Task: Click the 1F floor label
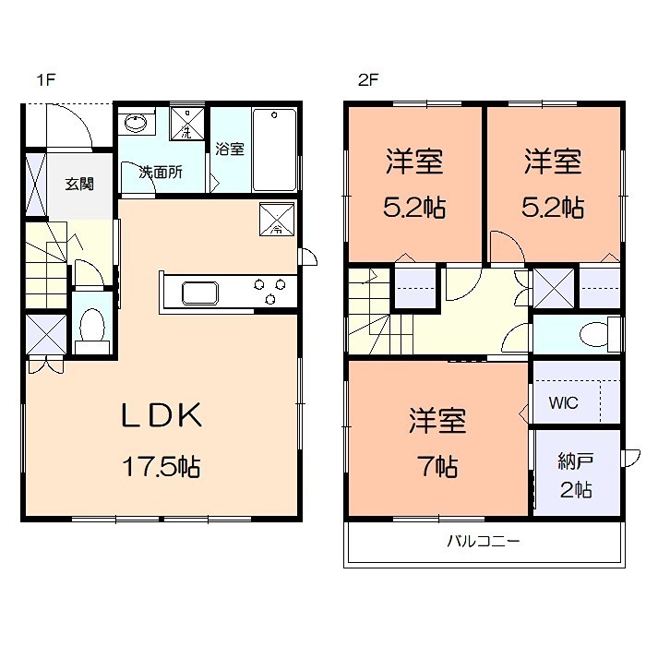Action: tap(46, 80)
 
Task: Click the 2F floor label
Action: tap(367, 80)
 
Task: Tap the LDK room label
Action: tap(162, 417)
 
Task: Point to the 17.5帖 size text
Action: tap(162, 467)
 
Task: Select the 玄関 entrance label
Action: tap(78, 183)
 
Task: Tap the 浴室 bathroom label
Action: tap(230, 149)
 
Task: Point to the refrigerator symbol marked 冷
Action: tap(276, 220)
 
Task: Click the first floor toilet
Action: tap(91, 329)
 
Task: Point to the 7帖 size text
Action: tap(437, 467)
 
